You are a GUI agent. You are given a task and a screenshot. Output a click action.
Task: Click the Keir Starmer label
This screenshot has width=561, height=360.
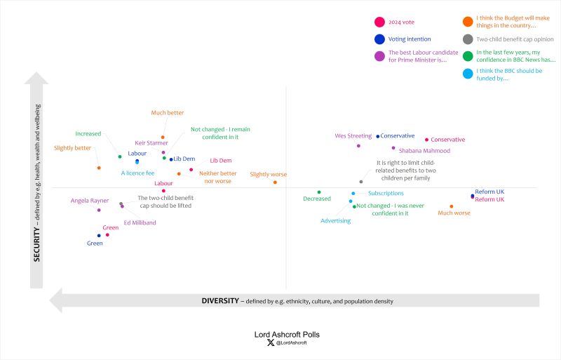151,142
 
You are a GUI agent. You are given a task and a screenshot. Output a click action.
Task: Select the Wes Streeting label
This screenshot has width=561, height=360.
353,136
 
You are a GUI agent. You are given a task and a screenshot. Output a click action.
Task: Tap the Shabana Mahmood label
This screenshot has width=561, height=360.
424,150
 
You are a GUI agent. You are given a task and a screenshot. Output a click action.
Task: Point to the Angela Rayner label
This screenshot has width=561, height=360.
90,201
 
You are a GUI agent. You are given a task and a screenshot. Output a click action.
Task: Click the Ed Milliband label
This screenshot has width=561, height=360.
140,222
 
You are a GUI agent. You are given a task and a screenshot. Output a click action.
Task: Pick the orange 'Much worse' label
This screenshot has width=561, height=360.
454,213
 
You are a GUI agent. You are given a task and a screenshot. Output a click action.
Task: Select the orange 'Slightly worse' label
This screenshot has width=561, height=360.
269,174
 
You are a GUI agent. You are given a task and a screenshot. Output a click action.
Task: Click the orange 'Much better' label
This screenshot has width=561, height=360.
168,112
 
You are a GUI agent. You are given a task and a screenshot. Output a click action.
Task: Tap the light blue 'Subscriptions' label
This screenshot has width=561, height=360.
386,193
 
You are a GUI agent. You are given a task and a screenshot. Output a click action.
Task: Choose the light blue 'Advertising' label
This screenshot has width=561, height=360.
335,221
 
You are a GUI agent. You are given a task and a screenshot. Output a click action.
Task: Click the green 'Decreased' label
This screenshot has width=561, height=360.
317,199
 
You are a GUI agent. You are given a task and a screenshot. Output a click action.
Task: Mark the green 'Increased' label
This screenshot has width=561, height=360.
88,133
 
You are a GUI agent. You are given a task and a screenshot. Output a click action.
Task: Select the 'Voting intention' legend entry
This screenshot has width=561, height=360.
410,39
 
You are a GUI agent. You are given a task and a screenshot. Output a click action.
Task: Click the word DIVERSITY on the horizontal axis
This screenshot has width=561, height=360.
221,301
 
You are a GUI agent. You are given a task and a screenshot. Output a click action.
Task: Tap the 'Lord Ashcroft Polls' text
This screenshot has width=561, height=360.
287,335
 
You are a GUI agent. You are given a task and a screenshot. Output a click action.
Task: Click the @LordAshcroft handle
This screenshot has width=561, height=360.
291,343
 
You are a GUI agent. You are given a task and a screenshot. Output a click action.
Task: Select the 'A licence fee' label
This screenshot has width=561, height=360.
137,173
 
